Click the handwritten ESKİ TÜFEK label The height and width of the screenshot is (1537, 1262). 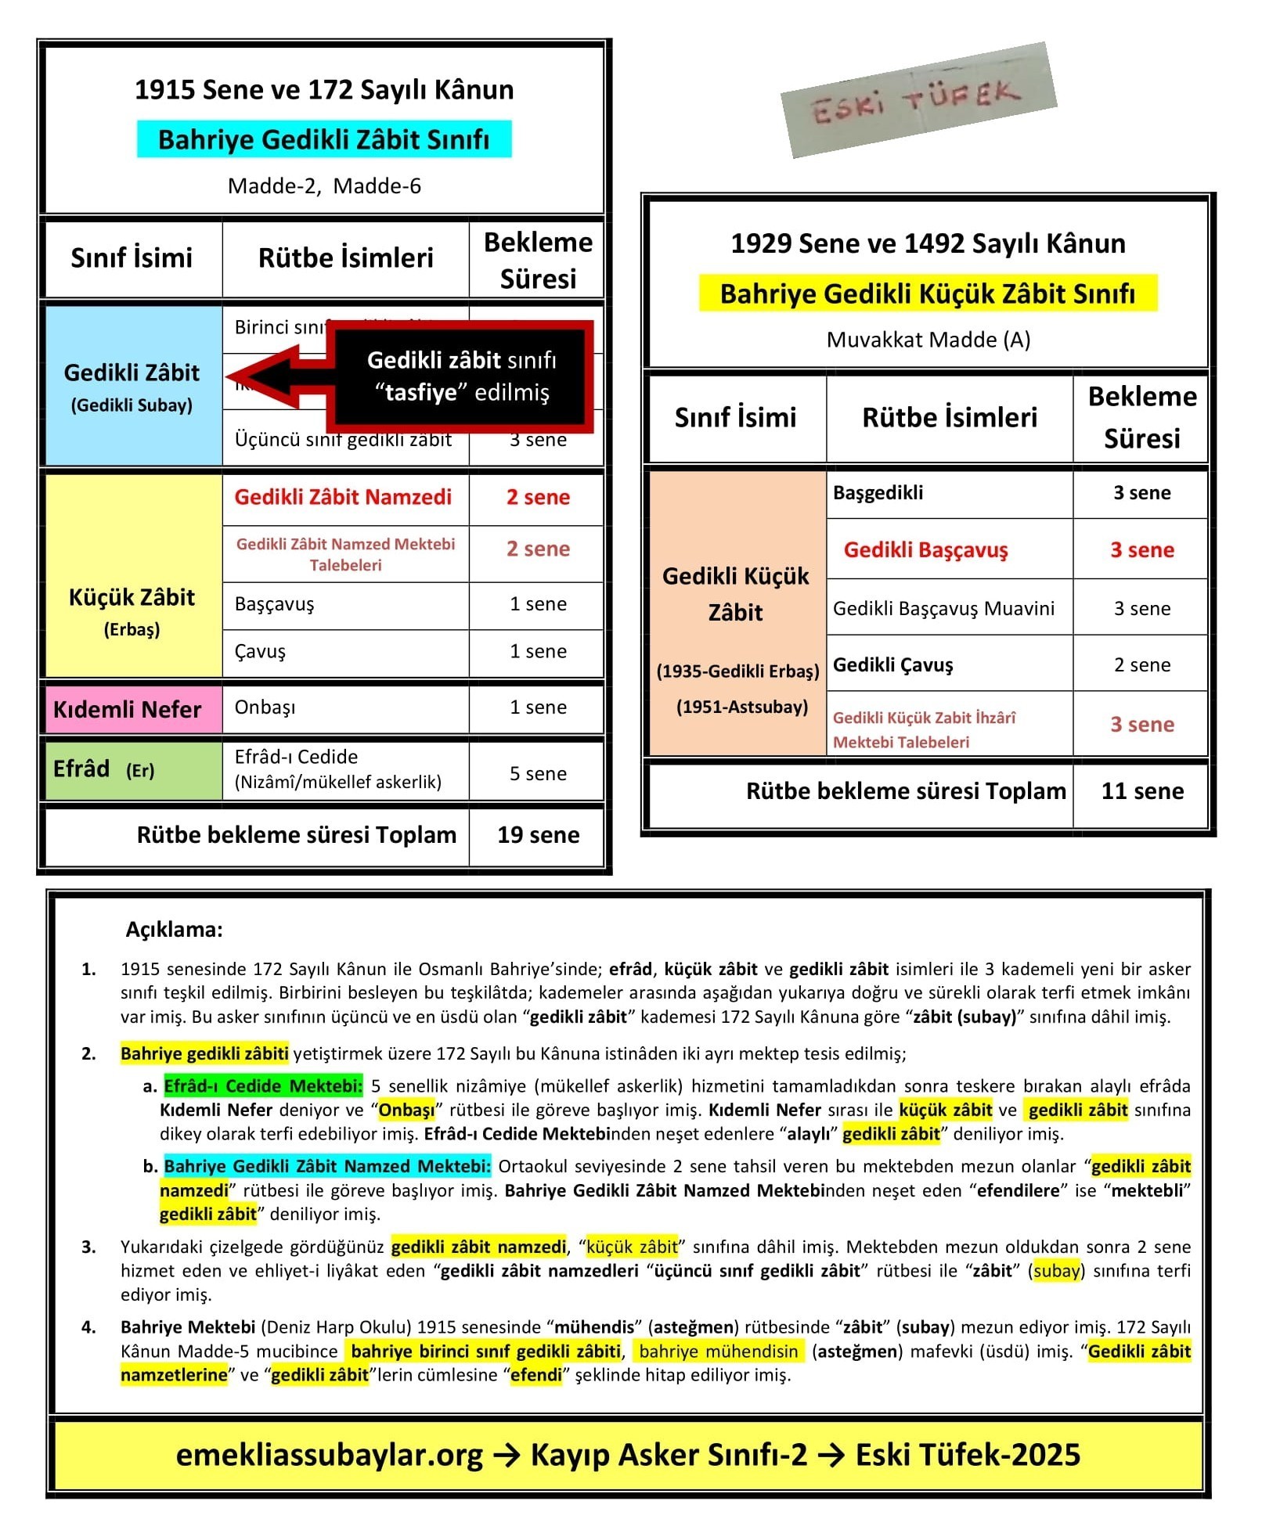point(918,100)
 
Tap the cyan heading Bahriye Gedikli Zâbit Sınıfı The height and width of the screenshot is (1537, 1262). point(323,139)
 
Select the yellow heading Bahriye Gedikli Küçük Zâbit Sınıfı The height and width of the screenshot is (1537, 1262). point(927,293)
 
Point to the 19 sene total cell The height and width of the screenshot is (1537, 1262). point(538,835)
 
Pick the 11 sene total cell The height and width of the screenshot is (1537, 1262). point(1141,791)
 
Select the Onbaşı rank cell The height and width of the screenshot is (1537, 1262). point(344,707)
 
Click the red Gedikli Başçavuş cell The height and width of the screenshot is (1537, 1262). point(925,549)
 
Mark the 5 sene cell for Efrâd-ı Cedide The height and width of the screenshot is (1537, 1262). point(538,773)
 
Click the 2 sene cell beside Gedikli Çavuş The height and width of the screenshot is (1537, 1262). point(1141,664)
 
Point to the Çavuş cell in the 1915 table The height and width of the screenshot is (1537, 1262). point(344,652)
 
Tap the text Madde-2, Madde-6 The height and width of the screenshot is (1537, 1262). point(324,186)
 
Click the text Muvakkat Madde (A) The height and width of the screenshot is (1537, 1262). point(928,340)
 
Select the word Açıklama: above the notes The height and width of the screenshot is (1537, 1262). point(174,929)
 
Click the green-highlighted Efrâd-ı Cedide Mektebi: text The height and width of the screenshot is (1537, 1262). point(263,1085)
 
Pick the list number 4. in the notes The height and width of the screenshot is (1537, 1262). point(88,1326)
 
